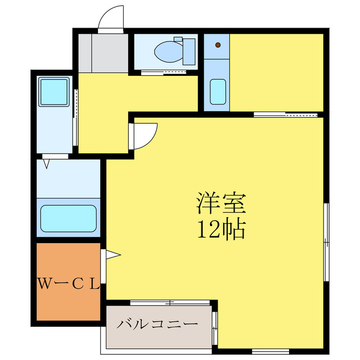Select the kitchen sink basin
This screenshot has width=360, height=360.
coord(218,92)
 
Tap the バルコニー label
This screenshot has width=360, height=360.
coord(157,325)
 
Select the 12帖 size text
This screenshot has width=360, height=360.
coord(221,229)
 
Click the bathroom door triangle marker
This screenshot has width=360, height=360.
coord(47,164)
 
